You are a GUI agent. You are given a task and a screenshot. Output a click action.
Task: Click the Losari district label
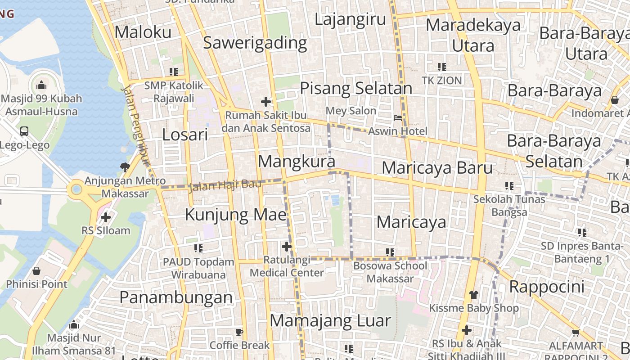185,135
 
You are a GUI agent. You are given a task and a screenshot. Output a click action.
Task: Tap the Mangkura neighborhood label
297,162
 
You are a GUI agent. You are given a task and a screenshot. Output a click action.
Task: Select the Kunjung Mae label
236,215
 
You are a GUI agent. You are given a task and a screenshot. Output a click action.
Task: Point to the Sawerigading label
255,43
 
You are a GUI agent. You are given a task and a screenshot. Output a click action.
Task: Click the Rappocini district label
547,287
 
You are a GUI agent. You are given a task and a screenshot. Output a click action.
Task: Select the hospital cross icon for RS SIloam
106,218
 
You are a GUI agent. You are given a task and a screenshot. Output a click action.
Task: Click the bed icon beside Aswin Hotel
398,118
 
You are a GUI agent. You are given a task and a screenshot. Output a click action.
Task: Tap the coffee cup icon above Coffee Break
239,333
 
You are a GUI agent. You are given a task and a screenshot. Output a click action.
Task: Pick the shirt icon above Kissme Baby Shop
473,295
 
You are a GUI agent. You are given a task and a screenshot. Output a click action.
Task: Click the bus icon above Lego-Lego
24,131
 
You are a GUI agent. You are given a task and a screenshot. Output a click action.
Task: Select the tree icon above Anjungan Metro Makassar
125,167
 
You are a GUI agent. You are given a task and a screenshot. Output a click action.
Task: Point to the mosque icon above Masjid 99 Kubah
41,85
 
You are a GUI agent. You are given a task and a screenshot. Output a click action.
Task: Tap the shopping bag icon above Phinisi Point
36,271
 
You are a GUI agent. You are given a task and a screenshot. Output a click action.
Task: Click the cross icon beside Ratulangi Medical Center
287,247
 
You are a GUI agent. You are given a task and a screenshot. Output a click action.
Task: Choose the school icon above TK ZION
442,67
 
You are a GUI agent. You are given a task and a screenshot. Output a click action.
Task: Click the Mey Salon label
351,111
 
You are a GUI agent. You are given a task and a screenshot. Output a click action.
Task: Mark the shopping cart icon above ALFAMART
576,333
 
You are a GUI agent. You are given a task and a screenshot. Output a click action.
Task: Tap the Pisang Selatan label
356,88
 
